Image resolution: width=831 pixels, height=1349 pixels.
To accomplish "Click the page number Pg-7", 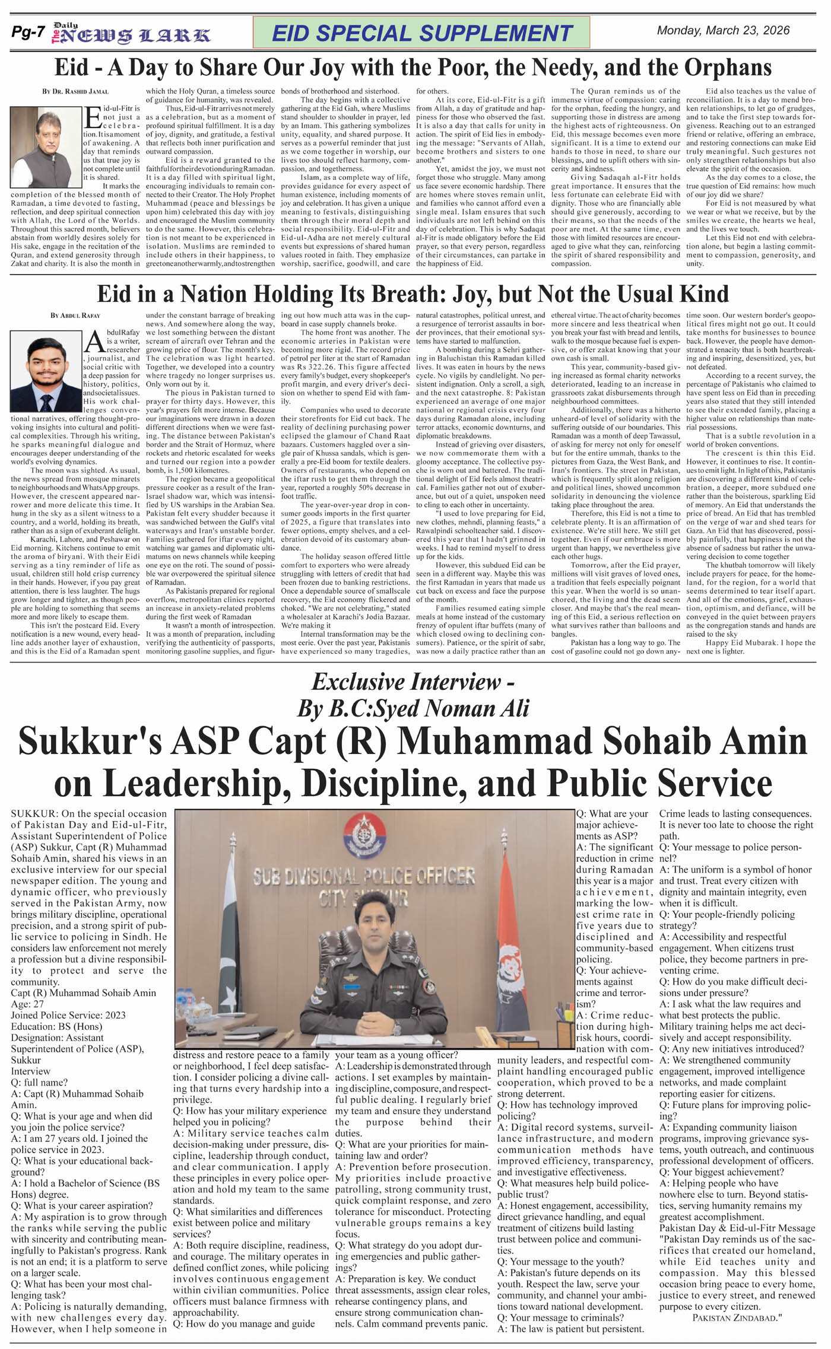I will [x=27, y=33].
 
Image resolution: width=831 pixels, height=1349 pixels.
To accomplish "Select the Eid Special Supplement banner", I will [x=421, y=33].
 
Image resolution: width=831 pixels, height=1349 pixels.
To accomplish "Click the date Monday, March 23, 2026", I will [x=723, y=31].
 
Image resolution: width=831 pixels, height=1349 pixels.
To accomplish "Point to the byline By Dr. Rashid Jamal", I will [x=75, y=92].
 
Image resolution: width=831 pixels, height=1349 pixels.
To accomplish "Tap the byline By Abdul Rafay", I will [x=75, y=316].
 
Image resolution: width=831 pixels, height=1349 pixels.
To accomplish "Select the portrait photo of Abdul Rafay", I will [x=46, y=371].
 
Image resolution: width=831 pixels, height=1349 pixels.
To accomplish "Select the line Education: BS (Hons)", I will [x=56, y=1026].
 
